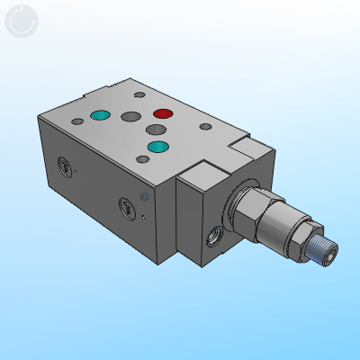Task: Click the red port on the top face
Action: click(163, 114)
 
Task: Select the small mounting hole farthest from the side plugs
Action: click(138, 94)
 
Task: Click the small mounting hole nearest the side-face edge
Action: click(143, 159)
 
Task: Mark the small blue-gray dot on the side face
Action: click(144, 196)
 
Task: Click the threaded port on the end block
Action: click(215, 235)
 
